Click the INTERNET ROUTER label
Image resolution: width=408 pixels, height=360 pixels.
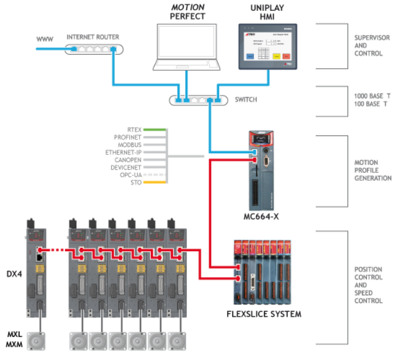(x=93, y=37)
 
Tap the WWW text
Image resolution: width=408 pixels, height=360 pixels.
(x=45, y=40)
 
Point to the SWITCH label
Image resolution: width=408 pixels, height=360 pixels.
(x=247, y=100)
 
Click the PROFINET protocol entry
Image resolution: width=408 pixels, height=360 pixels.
(x=129, y=138)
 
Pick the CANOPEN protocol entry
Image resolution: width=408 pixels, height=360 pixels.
(x=129, y=160)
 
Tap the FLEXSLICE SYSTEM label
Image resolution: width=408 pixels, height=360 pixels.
(x=263, y=314)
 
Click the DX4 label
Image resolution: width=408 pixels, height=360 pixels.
(x=13, y=273)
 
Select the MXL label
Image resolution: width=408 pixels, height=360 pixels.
(x=14, y=335)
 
